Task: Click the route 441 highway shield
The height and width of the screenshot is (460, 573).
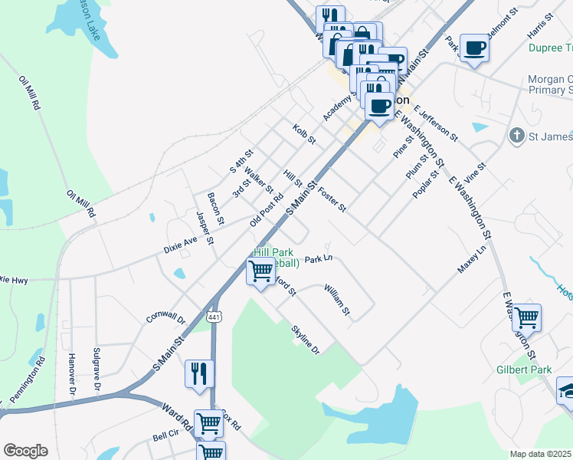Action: pos(215,317)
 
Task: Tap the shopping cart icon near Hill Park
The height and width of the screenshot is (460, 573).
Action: pos(261,271)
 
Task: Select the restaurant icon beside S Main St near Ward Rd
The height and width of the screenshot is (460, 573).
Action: pos(199,374)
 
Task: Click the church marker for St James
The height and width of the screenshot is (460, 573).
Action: pos(516,136)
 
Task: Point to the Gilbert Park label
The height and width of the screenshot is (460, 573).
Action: pos(524,370)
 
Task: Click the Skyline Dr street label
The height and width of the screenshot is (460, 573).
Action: pos(304,340)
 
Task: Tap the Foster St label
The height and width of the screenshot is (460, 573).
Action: pos(332,199)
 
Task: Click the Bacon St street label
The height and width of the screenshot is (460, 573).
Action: pos(215,209)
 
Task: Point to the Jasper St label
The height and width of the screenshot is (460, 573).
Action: pos(204,228)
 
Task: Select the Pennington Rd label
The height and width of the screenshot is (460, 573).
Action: pos(28,379)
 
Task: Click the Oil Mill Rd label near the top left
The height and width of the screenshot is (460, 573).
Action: pos(29,94)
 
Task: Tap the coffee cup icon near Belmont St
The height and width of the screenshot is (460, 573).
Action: pos(473,48)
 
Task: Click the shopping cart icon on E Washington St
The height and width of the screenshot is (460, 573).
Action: pos(526,317)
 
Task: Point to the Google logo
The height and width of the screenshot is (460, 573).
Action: pos(25,451)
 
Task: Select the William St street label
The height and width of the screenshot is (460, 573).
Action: pos(336,300)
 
